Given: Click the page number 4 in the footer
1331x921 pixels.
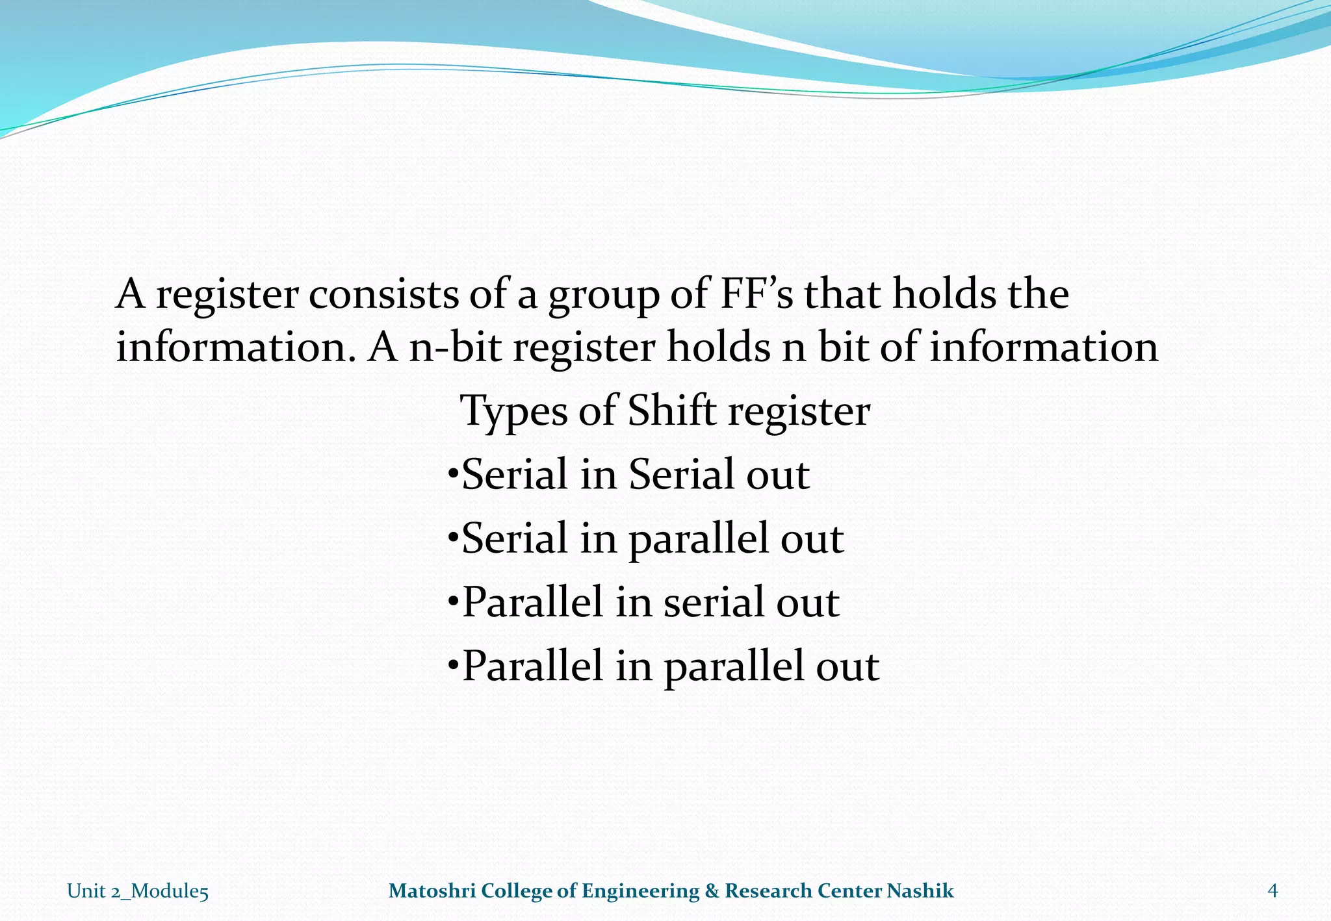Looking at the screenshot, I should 1273,890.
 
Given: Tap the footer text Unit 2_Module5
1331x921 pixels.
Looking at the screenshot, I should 138,891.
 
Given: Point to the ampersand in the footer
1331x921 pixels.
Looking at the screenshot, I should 712,890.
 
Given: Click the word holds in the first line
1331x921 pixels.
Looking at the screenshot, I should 945,294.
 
